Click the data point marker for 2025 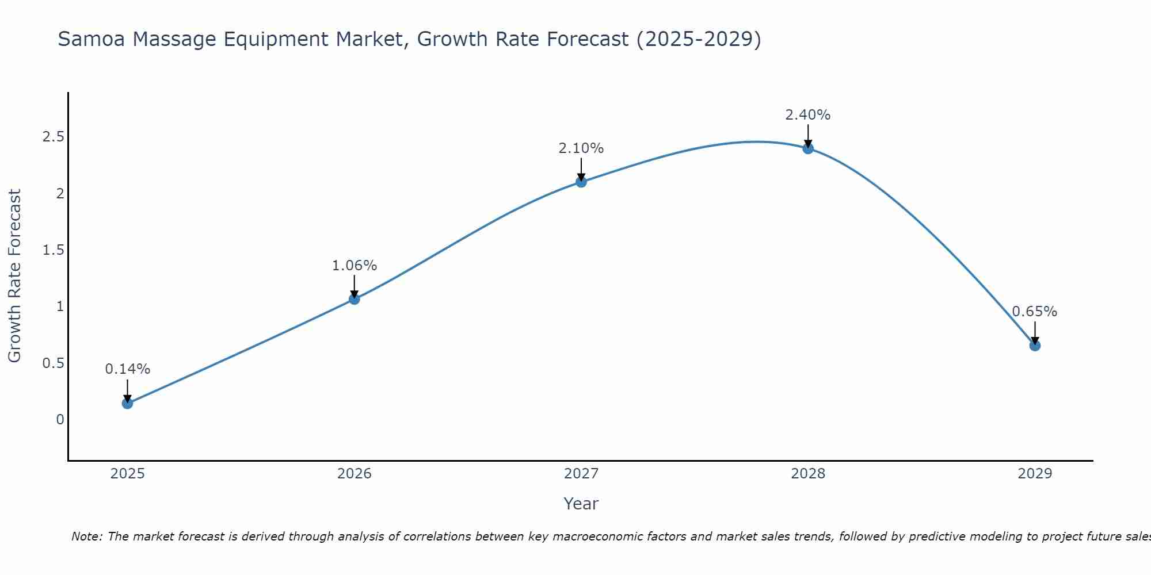tap(127, 403)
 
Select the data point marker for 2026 tap(354, 299)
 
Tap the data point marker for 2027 tap(581, 182)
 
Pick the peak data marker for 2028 tap(808, 148)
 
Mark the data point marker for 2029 tap(1035, 346)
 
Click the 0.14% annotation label tap(127, 369)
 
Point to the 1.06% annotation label tap(354, 266)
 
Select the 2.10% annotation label tap(581, 148)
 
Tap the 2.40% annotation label tap(808, 115)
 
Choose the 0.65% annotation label tap(1035, 312)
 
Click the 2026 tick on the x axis tap(354, 474)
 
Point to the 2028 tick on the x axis tap(808, 474)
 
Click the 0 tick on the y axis tap(60, 420)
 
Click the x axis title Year tap(581, 504)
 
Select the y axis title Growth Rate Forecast tap(14, 276)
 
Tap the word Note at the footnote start tap(86, 536)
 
